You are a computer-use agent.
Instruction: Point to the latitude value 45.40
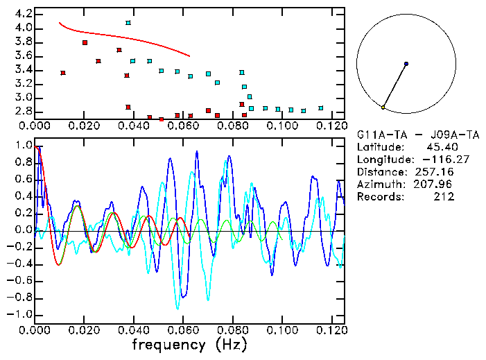[438, 147]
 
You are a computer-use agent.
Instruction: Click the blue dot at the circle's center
[406, 64]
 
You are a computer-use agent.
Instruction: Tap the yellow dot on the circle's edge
[383, 107]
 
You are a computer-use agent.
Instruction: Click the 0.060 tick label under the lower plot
[182, 329]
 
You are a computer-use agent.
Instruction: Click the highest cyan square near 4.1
[128, 23]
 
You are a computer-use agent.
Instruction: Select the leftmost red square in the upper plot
[63, 73]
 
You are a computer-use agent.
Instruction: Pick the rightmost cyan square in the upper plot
[320, 108]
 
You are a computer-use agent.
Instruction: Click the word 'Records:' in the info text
[379, 197]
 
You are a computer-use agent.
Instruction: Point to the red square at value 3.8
[85, 43]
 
